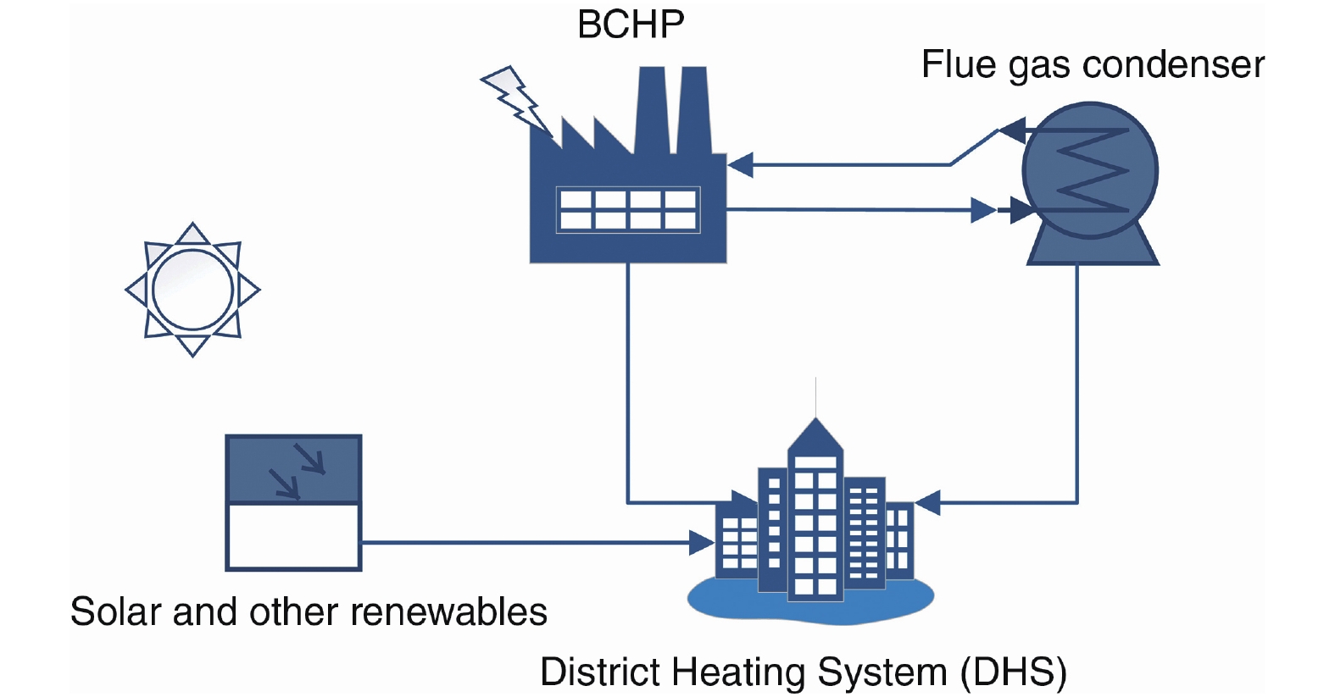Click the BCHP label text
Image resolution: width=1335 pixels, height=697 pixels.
631,25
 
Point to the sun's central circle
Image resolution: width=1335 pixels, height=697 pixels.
193,290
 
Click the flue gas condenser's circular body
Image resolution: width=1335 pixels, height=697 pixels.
1090,169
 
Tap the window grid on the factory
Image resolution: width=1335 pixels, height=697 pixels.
628,209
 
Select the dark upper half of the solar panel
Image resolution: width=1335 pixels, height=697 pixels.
293,469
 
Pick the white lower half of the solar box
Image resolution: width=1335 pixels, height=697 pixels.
293,536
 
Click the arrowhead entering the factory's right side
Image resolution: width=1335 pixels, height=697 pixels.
740,165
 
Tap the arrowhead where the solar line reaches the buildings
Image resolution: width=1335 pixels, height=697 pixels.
701,542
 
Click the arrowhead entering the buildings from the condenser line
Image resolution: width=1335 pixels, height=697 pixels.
928,503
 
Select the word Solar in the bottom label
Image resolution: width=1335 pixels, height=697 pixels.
116,611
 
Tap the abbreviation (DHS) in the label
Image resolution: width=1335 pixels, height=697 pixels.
1013,672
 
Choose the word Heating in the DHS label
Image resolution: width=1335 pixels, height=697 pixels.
737,672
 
